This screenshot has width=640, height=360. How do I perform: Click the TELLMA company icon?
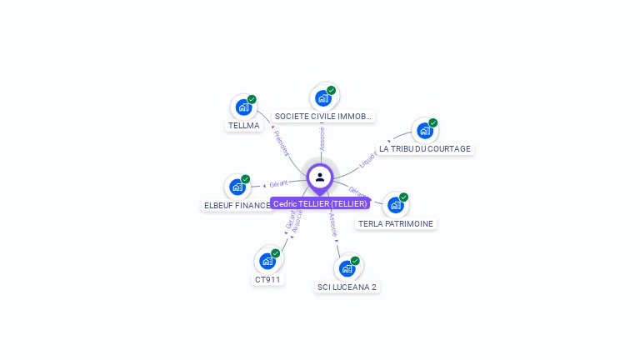[x=243, y=107]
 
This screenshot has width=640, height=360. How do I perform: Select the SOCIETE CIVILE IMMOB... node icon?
[x=322, y=97]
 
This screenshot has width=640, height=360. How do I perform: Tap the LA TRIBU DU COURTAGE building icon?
[x=424, y=130]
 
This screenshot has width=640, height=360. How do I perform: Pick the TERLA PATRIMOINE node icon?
[x=395, y=204]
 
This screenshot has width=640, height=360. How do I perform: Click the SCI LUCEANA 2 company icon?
[x=347, y=268]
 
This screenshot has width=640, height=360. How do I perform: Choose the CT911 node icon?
[x=267, y=260]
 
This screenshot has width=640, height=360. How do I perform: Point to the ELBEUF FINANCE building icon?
[x=237, y=187]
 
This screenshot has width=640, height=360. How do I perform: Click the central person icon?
[x=320, y=177]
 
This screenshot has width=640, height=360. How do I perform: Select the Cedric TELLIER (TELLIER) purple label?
[x=320, y=203]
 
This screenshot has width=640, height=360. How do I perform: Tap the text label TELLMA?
[x=243, y=126]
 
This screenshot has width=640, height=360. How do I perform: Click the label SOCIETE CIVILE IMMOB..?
[x=322, y=117]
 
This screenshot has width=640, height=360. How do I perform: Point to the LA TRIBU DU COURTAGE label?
[x=425, y=149]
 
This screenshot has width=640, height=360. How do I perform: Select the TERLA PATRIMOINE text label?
[x=396, y=223]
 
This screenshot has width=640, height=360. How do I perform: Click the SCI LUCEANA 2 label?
[x=347, y=287]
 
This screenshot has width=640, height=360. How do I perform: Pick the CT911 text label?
[x=267, y=279]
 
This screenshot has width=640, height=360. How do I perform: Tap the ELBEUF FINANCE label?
[x=237, y=205]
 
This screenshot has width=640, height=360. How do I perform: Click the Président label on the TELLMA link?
[x=281, y=142]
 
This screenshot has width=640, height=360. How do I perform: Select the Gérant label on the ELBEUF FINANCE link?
[x=278, y=182]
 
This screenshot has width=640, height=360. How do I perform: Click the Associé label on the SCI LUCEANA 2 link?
[x=333, y=226]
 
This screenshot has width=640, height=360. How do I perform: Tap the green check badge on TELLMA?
[x=252, y=99]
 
